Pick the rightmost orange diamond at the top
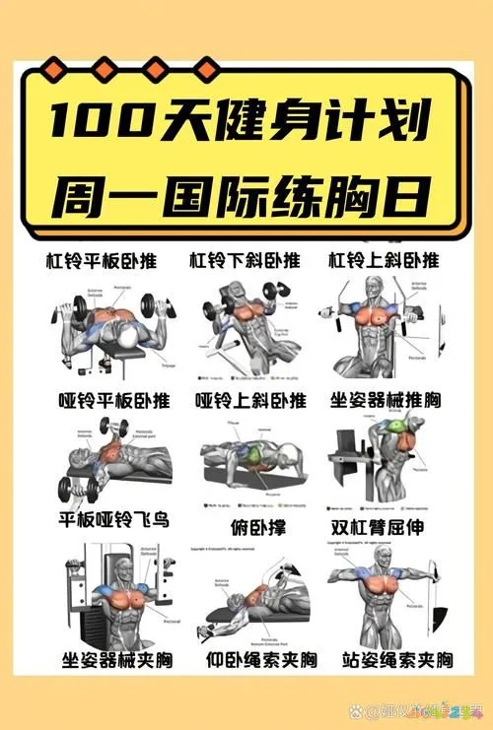pos(205,68)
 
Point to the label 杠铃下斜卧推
pos(245,261)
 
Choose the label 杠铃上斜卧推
pos(385,261)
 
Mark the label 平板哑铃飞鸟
pos(111,519)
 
